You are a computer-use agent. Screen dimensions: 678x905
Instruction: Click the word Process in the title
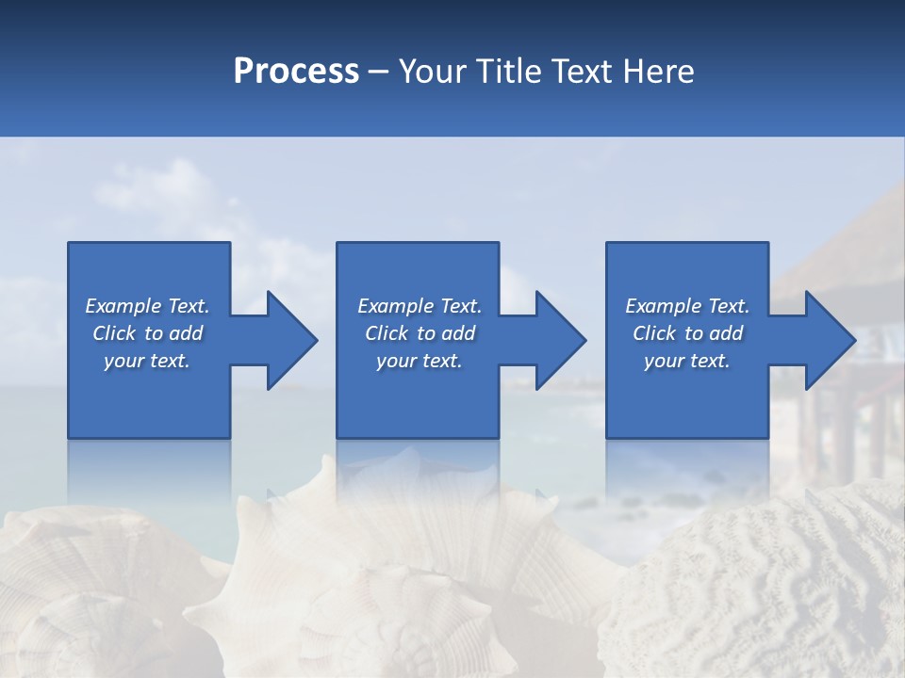pos(296,72)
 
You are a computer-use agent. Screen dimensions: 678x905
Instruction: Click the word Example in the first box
pos(123,306)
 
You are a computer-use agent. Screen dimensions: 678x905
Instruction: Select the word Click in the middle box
pos(387,333)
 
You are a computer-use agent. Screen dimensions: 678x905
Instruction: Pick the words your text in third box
pos(686,361)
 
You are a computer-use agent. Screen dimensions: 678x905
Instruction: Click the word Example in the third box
pos(663,306)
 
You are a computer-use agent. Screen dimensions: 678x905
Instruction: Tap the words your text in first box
pos(146,361)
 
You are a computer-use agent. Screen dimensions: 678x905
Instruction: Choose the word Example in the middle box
pos(395,306)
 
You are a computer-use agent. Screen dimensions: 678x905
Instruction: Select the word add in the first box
pos(187,333)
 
